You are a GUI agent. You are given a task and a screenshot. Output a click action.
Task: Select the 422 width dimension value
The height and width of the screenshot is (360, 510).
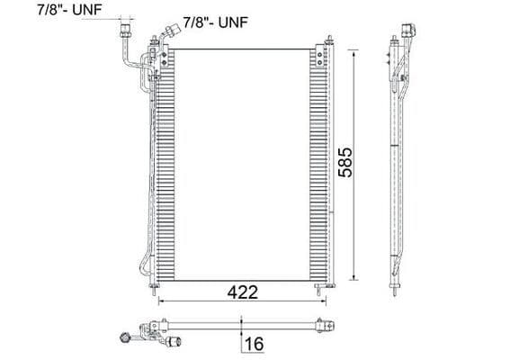pos(243,292)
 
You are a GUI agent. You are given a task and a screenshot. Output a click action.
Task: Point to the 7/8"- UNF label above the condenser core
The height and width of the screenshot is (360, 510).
pos(215,19)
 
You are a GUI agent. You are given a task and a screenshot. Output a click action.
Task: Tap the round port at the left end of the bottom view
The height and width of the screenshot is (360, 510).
pos(121,338)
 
